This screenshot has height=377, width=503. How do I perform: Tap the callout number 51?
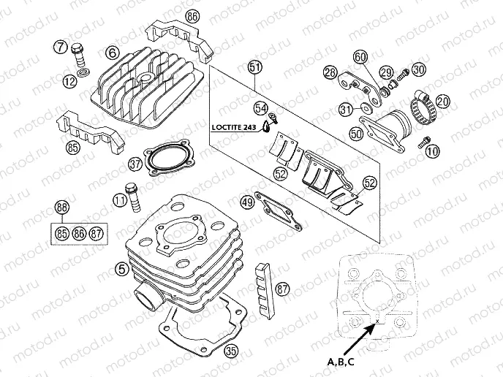tap(254, 69)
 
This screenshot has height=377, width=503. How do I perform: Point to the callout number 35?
tap(232, 351)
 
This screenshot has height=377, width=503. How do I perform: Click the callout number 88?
tap(63, 208)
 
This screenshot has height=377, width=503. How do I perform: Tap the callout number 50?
tap(356, 134)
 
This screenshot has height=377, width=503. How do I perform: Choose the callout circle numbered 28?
tap(330, 72)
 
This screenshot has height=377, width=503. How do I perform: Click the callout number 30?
tap(418, 70)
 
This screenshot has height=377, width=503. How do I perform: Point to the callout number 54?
tap(260, 108)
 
